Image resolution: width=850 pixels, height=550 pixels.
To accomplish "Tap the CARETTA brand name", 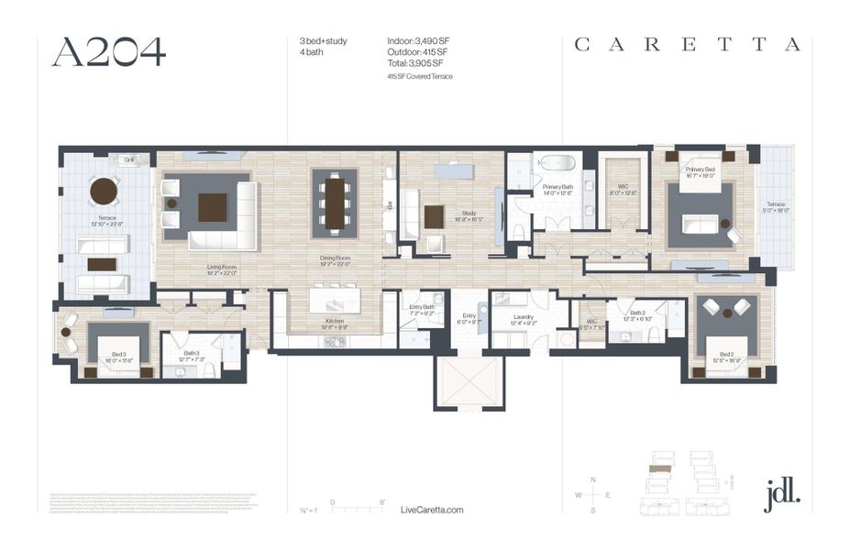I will coord(687,45).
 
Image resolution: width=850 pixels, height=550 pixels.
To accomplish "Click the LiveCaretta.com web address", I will coord(433,510).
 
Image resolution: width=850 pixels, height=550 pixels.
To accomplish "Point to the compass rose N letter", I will coord(593,480).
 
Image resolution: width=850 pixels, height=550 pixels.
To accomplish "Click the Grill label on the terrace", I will coord(130,159).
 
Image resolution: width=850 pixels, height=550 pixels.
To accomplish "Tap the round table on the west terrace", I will coord(104,192).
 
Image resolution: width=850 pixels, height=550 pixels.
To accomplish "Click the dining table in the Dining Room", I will coord(335,202).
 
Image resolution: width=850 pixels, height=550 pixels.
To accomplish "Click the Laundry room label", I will coord(513,318).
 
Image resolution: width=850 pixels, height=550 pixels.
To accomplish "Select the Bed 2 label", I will coord(725,354).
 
